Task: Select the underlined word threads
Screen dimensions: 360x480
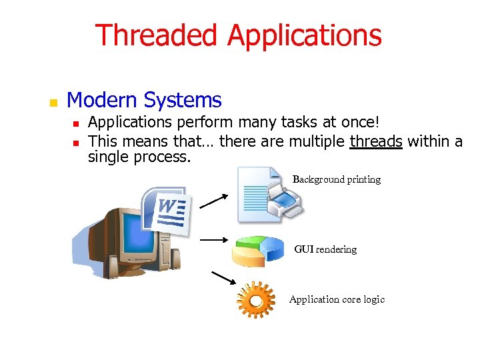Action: pyautogui.click(x=376, y=141)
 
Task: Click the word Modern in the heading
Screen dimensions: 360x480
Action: pyautogui.click(x=103, y=101)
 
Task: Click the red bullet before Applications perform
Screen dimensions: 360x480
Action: pyautogui.click(x=76, y=123)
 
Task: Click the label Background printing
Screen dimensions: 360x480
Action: pyautogui.click(x=337, y=179)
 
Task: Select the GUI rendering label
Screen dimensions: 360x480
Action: pyautogui.click(x=325, y=249)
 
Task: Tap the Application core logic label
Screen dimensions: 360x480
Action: pyautogui.click(x=337, y=299)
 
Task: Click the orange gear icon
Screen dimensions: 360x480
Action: pyautogui.click(x=255, y=301)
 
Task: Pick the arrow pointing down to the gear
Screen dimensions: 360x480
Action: pyautogui.click(x=223, y=277)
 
